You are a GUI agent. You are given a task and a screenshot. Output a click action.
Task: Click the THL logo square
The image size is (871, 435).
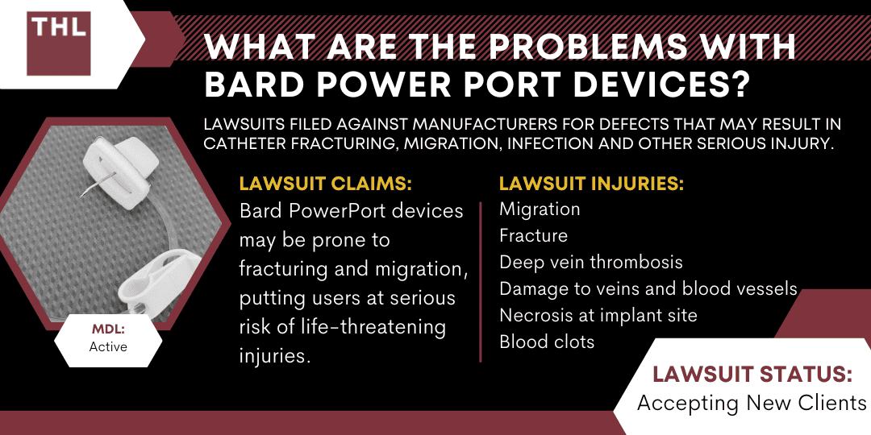(58, 43)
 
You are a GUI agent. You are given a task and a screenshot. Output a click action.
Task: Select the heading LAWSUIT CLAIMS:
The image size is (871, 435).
(325, 184)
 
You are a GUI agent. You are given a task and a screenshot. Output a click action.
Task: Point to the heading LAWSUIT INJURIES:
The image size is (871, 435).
(592, 184)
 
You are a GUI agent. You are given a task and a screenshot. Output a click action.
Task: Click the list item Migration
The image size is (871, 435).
(540, 209)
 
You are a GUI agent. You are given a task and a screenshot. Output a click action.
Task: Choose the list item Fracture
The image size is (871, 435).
(533, 235)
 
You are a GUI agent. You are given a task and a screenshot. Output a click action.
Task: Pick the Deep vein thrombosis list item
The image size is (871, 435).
(591, 262)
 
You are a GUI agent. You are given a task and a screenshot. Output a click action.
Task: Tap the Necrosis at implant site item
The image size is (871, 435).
(598, 315)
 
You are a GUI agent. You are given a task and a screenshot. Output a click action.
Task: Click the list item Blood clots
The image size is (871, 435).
(547, 342)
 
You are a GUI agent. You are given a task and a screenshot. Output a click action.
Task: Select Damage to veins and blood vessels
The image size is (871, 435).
(648, 288)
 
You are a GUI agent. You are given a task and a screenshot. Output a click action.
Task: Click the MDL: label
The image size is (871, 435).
(109, 330)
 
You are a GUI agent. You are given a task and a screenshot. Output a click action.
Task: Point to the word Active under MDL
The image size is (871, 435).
(108, 347)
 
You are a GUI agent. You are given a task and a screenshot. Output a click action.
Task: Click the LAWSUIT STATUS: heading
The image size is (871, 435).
(752, 375)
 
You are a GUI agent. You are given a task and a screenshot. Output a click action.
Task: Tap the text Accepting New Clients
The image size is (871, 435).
(752, 403)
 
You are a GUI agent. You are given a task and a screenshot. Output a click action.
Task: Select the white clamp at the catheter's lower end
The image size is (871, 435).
(144, 287)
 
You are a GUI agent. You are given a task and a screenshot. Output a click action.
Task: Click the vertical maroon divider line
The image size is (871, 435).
(481, 282)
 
